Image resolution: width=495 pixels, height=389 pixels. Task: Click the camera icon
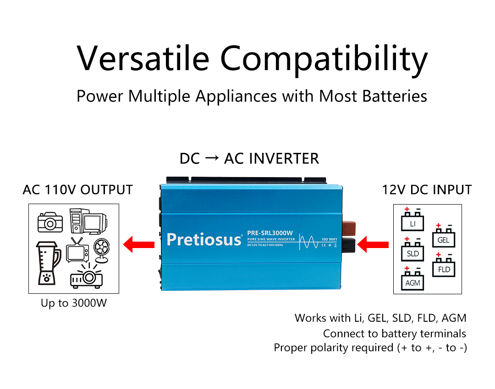coord(50,222)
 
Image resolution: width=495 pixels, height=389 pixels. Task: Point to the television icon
coord(76,251)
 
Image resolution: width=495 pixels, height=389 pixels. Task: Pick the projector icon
coord(86,277)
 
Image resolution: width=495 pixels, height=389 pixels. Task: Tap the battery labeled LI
coord(412,221)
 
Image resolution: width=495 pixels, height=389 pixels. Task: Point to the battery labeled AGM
coord(412,280)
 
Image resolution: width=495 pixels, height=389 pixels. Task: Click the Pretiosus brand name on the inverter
coord(204,239)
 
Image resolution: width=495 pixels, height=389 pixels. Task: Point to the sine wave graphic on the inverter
coord(309,241)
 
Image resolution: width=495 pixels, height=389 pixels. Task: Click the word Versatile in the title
coord(143,58)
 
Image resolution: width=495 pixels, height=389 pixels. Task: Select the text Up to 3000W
coord(73,303)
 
